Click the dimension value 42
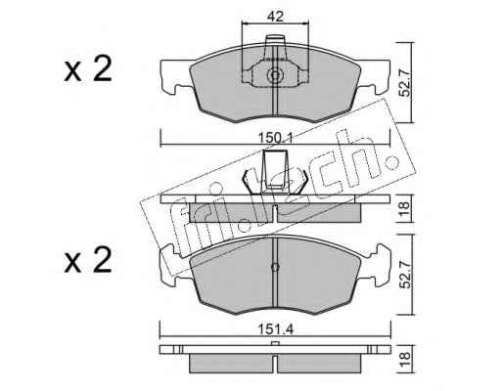pyautogui.click(x=275, y=17)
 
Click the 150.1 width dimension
pyautogui.click(x=275, y=138)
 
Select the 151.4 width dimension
pyautogui.click(x=276, y=329)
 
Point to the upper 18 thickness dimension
pyautogui.click(x=404, y=208)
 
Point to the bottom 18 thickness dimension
pyautogui.click(x=404, y=360)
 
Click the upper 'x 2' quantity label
pyautogui.click(x=88, y=69)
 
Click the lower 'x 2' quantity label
pyautogui.click(x=88, y=261)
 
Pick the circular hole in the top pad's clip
pyautogui.click(x=275, y=75)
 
